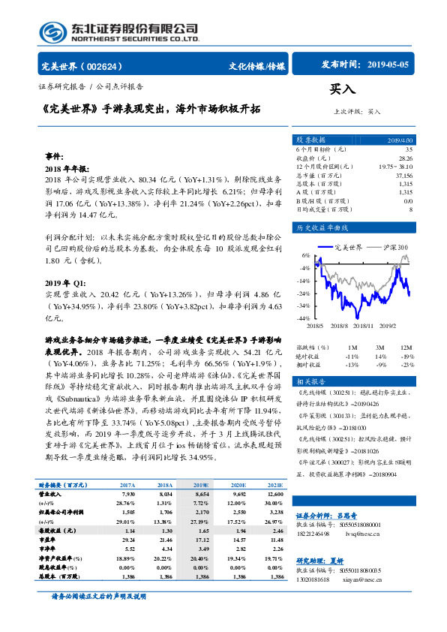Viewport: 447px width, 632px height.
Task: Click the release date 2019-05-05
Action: tap(388, 66)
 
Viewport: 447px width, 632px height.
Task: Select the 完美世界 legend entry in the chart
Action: tap(347, 246)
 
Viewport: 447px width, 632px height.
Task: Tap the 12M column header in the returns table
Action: tap(406, 348)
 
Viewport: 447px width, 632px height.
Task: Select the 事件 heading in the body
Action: tap(55, 157)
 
